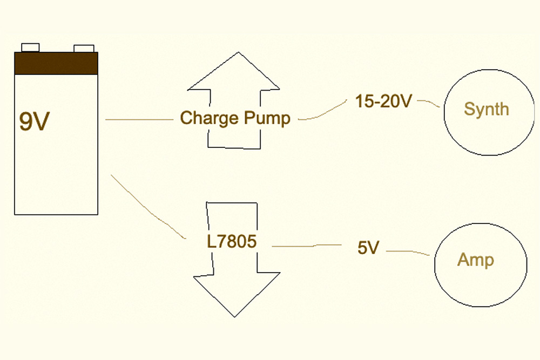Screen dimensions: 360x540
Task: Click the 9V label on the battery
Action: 34,121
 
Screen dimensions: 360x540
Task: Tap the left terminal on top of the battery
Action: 30,47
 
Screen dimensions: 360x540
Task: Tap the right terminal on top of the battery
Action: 84,49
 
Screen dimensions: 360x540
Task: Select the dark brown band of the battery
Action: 56,63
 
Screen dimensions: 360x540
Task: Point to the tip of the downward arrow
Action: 235,315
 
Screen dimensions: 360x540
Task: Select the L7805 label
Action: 231,241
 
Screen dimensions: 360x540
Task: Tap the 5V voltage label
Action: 369,248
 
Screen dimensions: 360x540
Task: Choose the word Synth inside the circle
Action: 486,110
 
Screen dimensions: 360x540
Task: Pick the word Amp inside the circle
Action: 475,260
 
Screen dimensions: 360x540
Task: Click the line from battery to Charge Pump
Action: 140,119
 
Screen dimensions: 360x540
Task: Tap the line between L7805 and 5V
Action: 310,246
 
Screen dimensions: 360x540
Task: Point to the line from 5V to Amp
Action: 409,252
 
